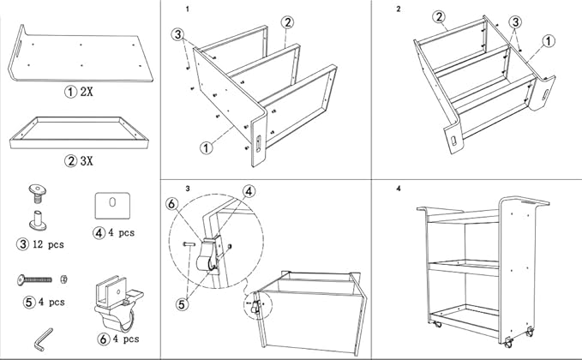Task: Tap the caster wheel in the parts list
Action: [119, 304]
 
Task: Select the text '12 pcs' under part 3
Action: [48, 244]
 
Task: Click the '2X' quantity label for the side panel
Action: [87, 92]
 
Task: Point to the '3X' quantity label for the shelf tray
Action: [87, 160]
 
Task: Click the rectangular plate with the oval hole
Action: [112, 206]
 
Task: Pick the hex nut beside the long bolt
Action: [63, 279]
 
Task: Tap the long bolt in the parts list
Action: [34, 279]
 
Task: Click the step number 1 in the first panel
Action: [188, 9]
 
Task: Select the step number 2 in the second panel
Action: [399, 9]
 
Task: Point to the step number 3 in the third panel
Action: [188, 189]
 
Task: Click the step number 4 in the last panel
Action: [399, 189]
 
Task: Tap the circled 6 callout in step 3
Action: [172, 204]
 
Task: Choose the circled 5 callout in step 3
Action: [182, 304]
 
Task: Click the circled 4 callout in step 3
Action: [249, 191]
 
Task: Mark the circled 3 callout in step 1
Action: [177, 34]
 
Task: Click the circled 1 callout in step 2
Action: [549, 41]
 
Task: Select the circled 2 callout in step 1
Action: [287, 22]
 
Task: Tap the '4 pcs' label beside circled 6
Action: [126, 339]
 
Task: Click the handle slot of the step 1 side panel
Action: [258, 144]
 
